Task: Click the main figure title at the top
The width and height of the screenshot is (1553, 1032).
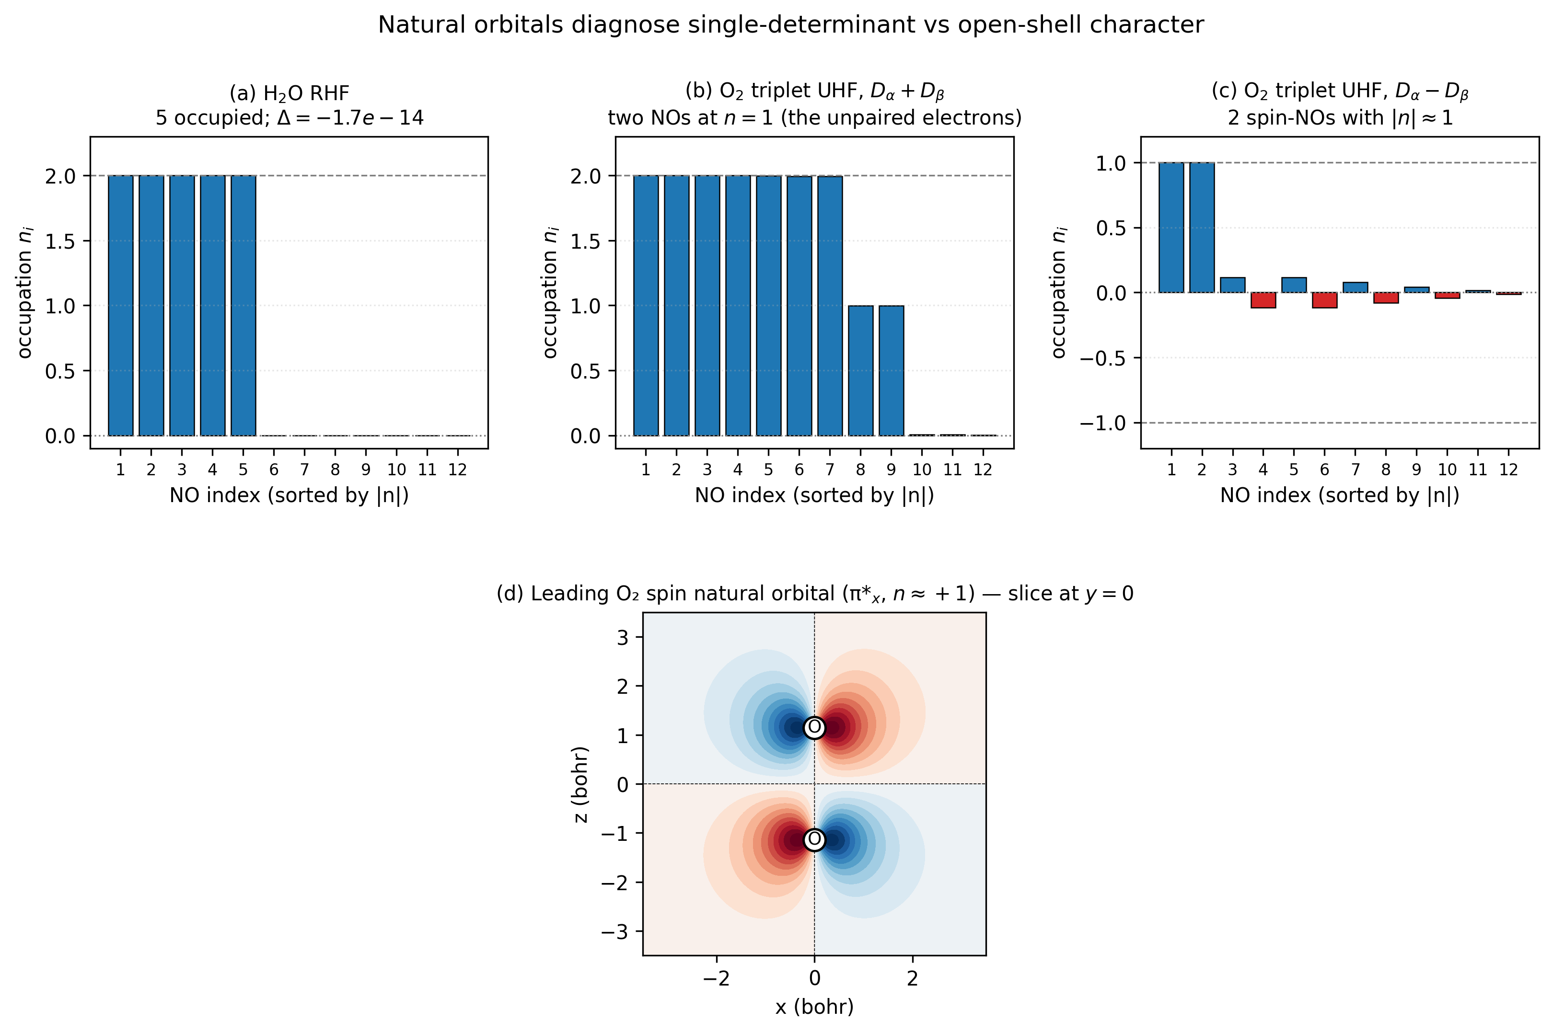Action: pyautogui.click(x=791, y=25)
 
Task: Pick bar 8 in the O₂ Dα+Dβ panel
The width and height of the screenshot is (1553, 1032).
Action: pyautogui.click(x=860, y=370)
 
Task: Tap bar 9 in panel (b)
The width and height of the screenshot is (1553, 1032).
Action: pyautogui.click(x=891, y=370)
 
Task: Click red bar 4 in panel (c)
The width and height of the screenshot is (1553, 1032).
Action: pyautogui.click(x=1263, y=300)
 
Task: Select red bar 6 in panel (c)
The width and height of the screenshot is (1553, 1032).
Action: pyautogui.click(x=1324, y=300)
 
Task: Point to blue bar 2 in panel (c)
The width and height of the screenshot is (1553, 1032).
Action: pyautogui.click(x=1202, y=228)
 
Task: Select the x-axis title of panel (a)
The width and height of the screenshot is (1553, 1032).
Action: pyautogui.click(x=289, y=495)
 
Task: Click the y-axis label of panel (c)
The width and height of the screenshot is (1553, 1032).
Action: pyautogui.click(x=1059, y=293)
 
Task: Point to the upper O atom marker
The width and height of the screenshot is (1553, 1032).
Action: pyautogui.click(x=814, y=727)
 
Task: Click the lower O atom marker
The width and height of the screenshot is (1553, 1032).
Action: pyautogui.click(x=814, y=839)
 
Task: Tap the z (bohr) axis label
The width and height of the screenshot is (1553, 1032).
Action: pyautogui.click(x=580, y=784)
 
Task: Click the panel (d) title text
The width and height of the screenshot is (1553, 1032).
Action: pyautogui.click(x=814, y=594)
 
